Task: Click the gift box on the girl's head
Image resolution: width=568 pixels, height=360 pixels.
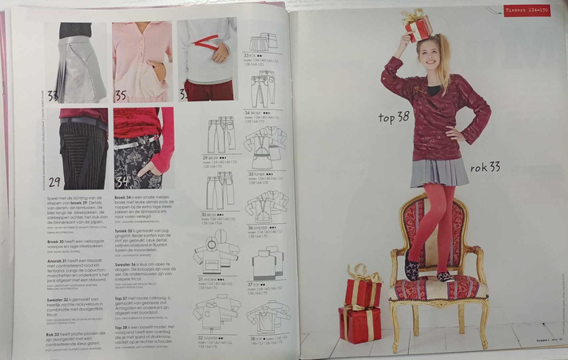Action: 419,26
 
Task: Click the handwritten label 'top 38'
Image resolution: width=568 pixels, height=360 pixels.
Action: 394,118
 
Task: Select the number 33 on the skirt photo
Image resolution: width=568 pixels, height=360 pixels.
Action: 54,96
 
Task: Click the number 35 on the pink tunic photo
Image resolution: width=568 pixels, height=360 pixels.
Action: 120,96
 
